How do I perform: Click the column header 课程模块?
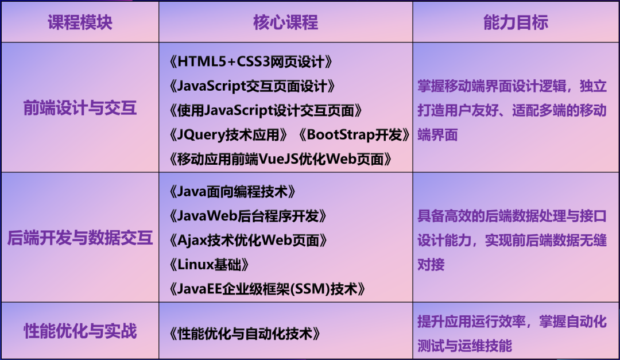(x=80, y=22)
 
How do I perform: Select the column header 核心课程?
(x=285, y=22)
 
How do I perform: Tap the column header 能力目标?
(x=516, y=22)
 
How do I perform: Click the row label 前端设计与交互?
(x=80, y=107)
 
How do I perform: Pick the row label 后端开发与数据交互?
(x=80, y=238)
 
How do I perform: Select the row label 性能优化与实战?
(x=80, y=331)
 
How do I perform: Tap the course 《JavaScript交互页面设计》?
(x=252, y=86)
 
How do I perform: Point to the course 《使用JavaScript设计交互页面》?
(x=265, y=110)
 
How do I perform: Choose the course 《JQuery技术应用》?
(x=228, y=135)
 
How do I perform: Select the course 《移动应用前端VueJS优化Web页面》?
(x=280, y=159)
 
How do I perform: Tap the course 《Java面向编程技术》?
(x=232, y=192)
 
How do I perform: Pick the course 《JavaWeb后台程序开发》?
(x=248, y=216)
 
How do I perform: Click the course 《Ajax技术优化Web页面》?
(x=248, y=241)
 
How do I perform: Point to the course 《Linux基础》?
(x=209, y=265)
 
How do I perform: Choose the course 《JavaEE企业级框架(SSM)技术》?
(x=267, y=289)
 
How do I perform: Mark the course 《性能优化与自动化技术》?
(x=245, y=334)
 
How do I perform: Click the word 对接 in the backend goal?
(x=431, y=265)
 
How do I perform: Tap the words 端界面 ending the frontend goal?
(x=437, y=135)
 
